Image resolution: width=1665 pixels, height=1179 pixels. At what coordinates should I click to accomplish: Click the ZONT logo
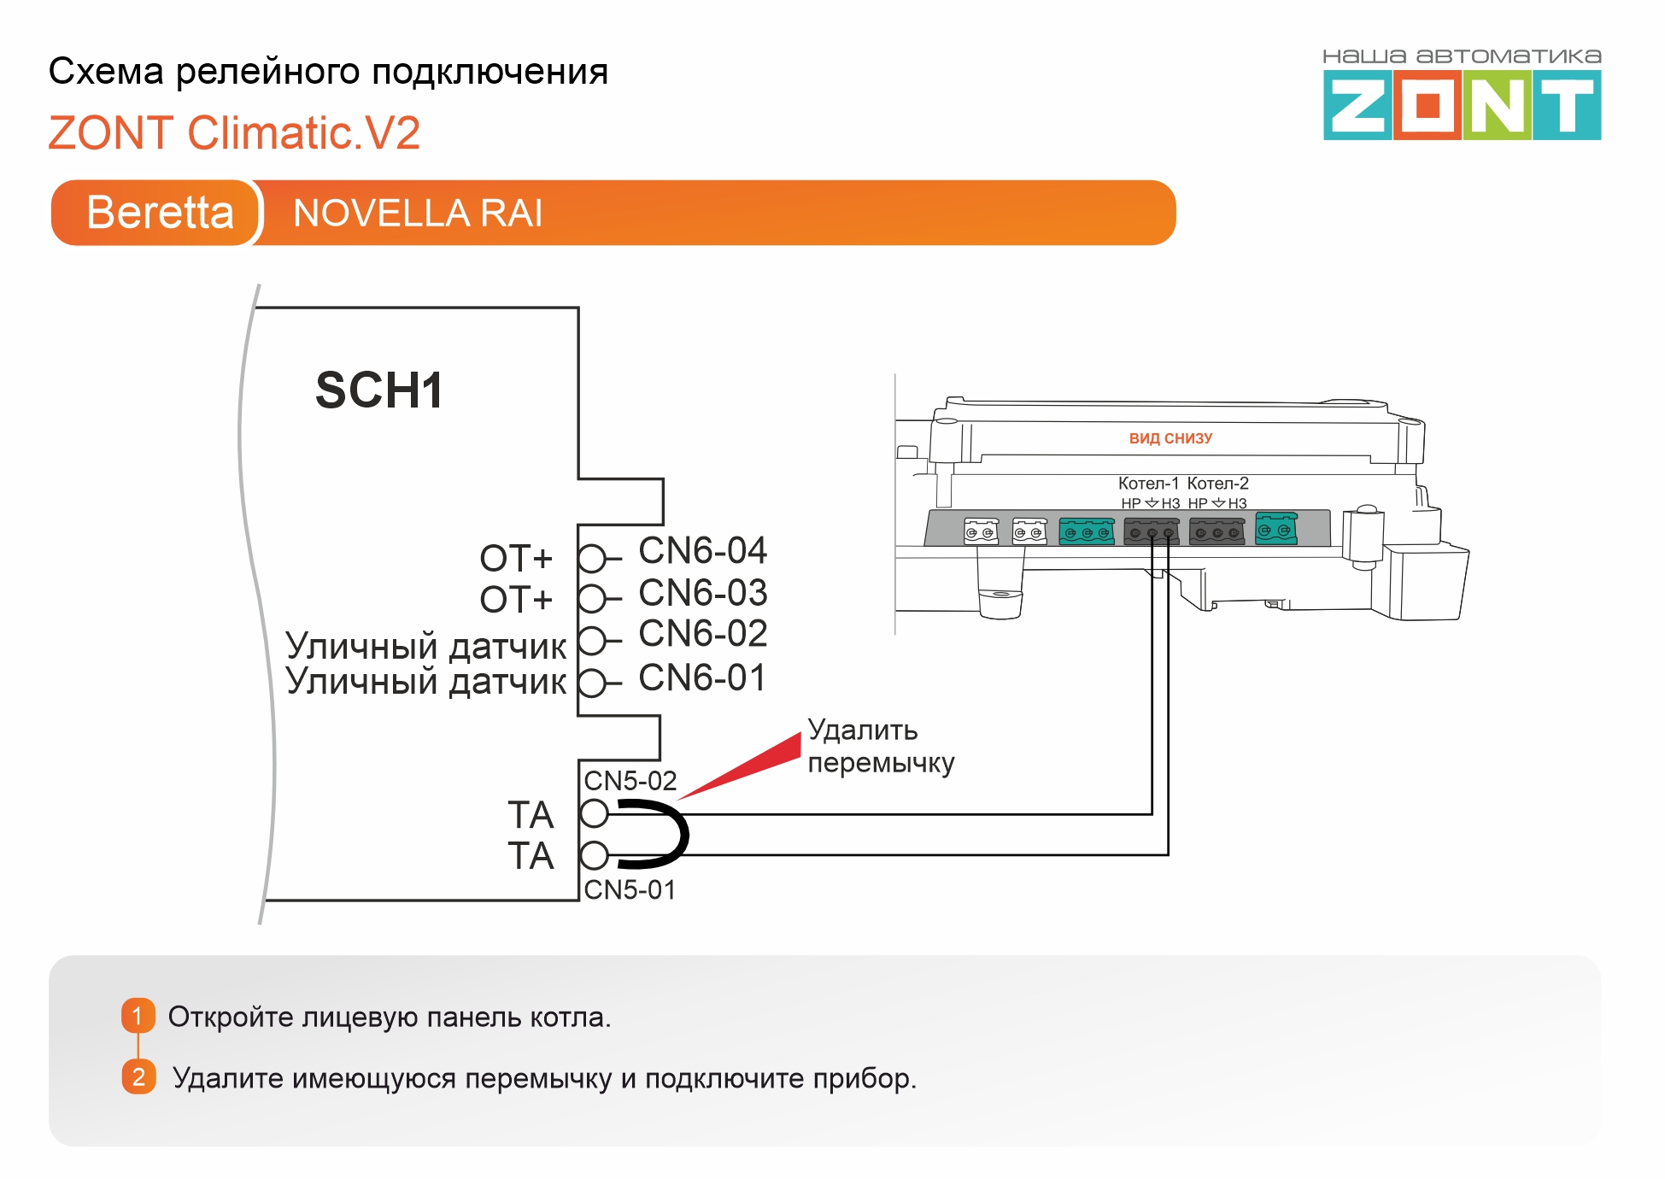[1462, 95]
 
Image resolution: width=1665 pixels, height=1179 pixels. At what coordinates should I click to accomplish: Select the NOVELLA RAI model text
[418, 213]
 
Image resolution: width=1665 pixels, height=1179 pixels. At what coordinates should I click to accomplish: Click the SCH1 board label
[379, 390]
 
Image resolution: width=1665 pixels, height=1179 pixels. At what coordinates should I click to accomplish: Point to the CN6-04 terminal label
[702, 551]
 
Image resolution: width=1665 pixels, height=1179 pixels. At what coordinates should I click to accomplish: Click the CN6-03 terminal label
[702, 593]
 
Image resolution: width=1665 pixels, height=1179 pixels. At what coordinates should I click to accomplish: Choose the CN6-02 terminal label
[702, 634]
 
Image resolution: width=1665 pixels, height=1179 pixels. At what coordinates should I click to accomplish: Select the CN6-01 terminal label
[702, 678]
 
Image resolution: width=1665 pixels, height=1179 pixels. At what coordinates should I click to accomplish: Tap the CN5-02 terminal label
[630, 781]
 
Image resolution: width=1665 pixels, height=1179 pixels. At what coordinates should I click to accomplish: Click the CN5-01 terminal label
[630, 890]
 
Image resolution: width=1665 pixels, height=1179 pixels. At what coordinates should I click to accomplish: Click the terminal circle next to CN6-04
[591, 559]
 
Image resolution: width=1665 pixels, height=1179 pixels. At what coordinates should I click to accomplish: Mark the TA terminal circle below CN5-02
[594, 813]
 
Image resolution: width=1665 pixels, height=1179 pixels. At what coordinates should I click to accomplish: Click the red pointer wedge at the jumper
[740, 766]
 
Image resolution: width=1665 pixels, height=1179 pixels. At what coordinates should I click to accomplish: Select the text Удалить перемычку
[881, 747]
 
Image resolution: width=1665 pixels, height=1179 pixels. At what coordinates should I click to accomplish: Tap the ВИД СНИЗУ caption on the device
[1170, 438]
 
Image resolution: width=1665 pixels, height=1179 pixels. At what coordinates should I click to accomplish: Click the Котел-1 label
[1148, 484]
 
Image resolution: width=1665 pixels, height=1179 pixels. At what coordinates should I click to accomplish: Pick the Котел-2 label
[1217, 484]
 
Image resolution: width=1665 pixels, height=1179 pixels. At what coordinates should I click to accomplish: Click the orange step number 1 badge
[138, 1016]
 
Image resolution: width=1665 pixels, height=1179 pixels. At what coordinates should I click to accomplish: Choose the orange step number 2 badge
[138, 1077]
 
